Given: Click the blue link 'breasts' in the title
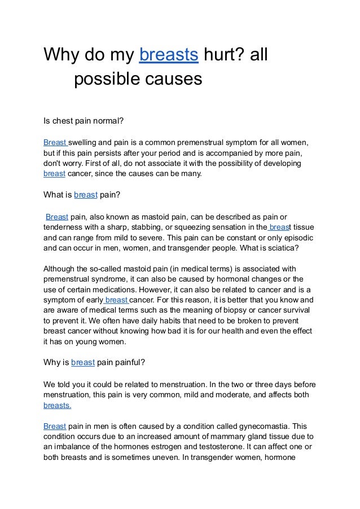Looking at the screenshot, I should (168, 56).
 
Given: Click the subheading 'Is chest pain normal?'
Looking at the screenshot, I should (84, 120).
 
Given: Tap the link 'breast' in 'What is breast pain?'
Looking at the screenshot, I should (86, 195).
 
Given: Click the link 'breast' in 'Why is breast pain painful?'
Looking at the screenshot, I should (82, 362).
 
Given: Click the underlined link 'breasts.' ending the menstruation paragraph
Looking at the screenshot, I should (58, 405).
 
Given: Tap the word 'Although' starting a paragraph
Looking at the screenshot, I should (61, 269).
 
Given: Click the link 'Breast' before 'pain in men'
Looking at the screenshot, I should (55, 426).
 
